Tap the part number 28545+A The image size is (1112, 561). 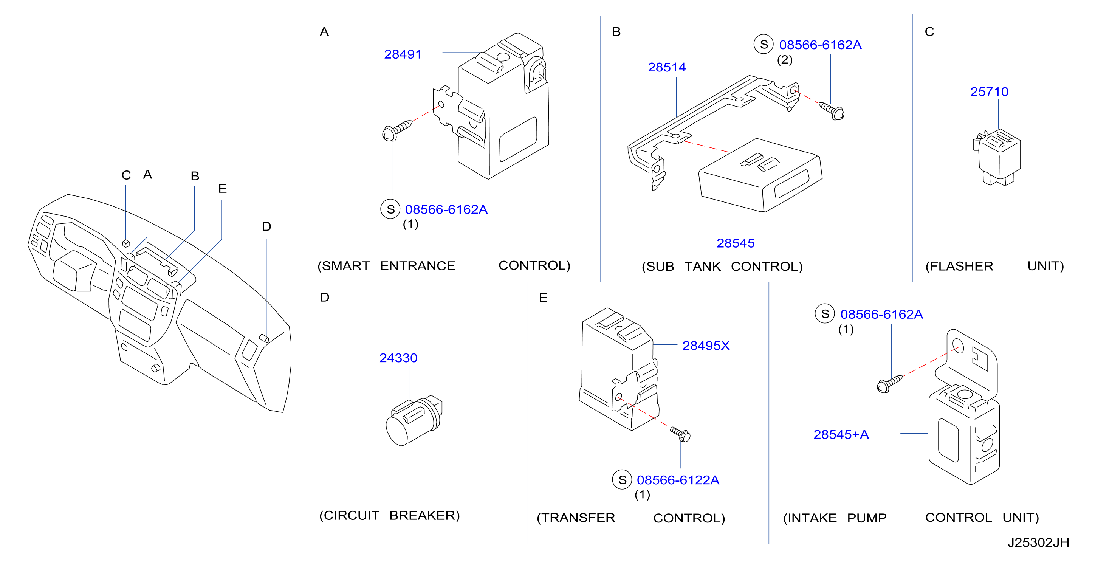[x=841, y=434]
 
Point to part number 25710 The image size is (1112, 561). [x=989, y=91]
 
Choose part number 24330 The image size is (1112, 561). [x=398, y=358]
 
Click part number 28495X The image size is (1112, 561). [x=706, y=346]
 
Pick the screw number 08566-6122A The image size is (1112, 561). [x=678, y=480]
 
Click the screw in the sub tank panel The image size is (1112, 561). [x=832, y=110]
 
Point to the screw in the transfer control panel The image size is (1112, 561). [x=680, y=434]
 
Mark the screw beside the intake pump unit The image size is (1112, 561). [x=889, y=383]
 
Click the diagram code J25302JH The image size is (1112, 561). [x=1038, y=542]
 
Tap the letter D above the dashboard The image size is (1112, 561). [x=266, y=227]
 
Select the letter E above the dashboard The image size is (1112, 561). [x=222, y=188]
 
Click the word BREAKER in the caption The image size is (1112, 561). [x=424, y=515]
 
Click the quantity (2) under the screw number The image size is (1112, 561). [x=785, y=60]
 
